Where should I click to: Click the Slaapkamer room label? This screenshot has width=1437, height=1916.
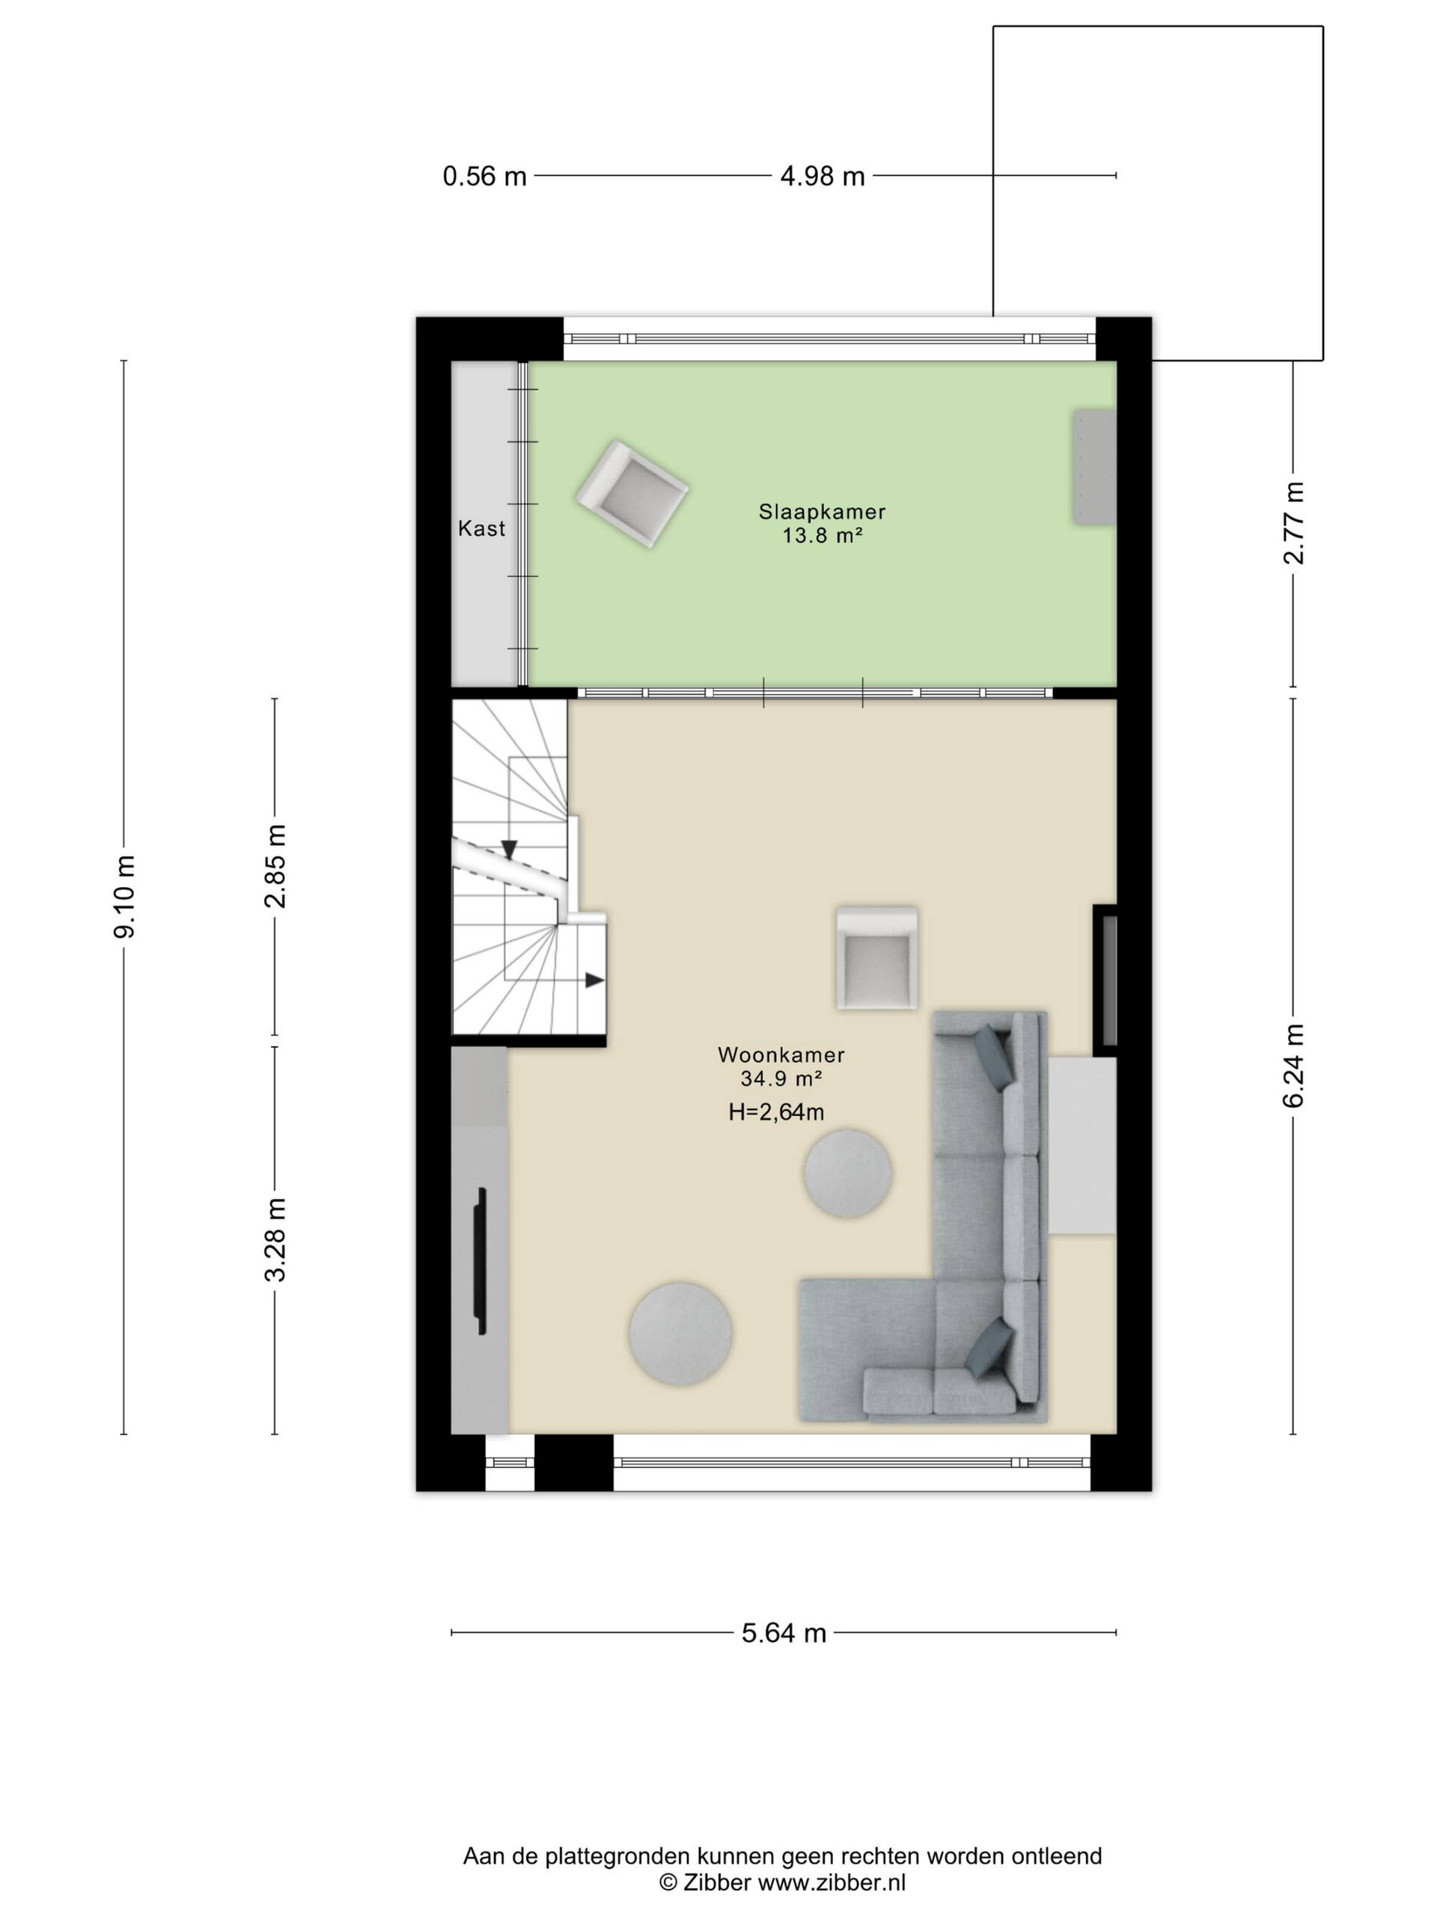pos(822,512)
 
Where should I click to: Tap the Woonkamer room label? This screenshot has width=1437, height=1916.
pos(781,1055)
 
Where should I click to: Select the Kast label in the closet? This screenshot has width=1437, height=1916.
pos(481,528)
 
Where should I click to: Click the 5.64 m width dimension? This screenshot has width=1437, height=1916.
pos(784,1634)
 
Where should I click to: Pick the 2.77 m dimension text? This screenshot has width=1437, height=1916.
pos(1293,522)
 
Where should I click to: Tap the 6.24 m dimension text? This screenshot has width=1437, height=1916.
pos(1293,1066)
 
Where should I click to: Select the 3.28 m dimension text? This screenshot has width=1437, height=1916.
pos(275,1239)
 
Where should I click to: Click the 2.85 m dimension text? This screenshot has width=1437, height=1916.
pos(275,866)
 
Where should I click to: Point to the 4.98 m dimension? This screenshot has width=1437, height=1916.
pos(823,177)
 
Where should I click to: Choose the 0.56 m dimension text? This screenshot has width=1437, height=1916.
pos(485,177)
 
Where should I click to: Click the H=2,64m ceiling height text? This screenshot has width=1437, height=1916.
pos(776,1113)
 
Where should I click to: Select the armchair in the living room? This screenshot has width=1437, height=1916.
pos(876,958)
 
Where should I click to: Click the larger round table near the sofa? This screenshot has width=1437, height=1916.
pos(680,1333)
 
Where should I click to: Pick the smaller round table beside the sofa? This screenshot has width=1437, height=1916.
pos(848,1174)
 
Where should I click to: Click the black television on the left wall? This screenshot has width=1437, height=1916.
pos(480,1261)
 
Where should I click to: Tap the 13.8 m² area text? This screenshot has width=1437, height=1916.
pos(822,536)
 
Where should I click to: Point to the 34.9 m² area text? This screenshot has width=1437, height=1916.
pos(781,1079)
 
